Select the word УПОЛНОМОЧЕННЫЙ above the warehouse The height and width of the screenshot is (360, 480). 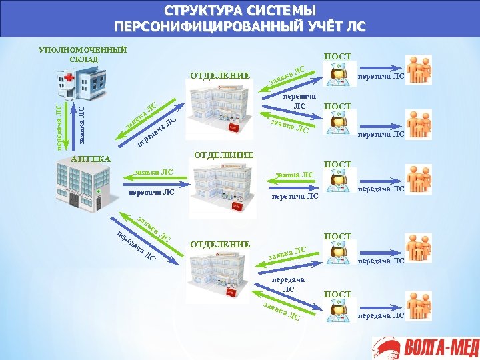click(x=83, y=50)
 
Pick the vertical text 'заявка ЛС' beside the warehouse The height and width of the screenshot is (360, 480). click(x=82, y=124)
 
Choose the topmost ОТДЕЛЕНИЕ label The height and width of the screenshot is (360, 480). click(x=220, y=75)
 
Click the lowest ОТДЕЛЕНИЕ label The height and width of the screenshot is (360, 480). click(x=220, y=244)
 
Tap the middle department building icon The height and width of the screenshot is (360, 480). click(x=223, y=191)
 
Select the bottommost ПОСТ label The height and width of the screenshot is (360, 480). click(x=337, y=294)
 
